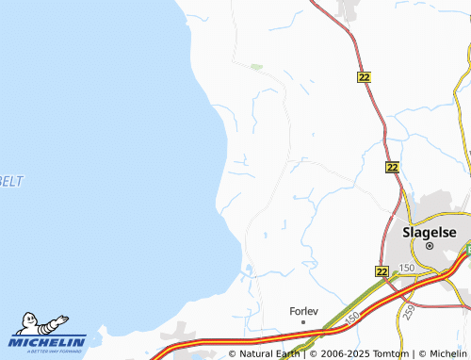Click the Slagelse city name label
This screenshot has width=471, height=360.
tap(429, 230)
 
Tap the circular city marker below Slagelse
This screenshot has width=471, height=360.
tap(429, 245)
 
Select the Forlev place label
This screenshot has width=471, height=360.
tap(303, 309)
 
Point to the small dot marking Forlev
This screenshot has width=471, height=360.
tap(303, 321)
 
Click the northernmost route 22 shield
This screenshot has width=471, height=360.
tap(365, 76)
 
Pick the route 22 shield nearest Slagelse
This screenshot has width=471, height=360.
tap(381, 271)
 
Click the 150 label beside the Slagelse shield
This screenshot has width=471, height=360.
tap(407, 270)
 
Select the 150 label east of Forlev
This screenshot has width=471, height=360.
tap(350, 321)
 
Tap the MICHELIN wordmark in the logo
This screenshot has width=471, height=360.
tap(49, 341)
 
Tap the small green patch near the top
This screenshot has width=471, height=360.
tap(255, 67)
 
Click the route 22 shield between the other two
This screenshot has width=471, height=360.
tap(393, 167)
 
